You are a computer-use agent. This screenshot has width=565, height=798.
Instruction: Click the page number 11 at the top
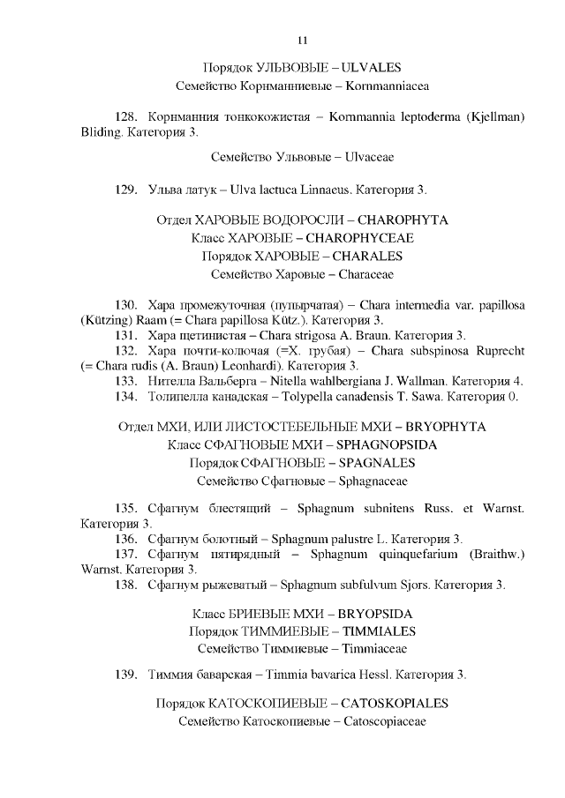303,40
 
